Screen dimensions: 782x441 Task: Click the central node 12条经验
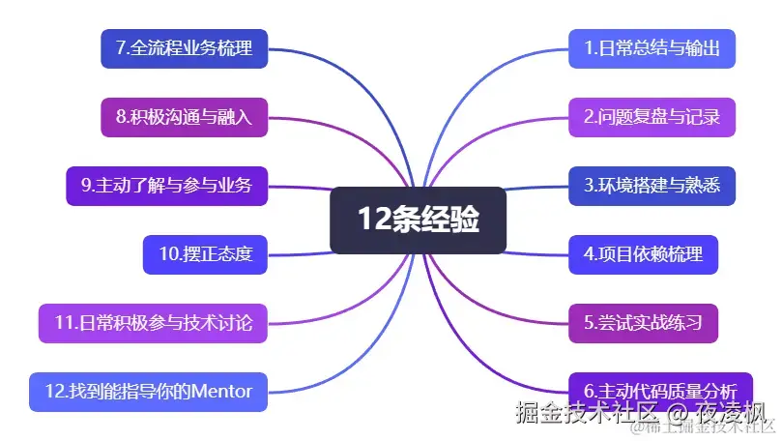pyautogui.click(x=418, y=220)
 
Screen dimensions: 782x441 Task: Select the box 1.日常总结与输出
pyautogui.click(x=652, y=48)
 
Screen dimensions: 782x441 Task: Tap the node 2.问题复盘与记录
pyautogui.click(x=652, y=117)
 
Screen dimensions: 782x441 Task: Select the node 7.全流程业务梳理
pyautogui.click(x=184, y=48)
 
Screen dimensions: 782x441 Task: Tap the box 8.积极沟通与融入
pyautogui.click(x=184, y=117)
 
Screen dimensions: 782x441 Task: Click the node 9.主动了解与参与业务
pyautogui.click(x=166, y=186)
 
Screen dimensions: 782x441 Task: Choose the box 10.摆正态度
pyautogui.click(x=205, y=254)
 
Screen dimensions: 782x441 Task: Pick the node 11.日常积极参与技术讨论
pyautogui.click(x=153, y=323)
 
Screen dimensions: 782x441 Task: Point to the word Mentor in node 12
pyautogui.click(x=221, y=392)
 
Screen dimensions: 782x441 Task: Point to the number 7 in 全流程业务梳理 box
pyautogui.click(x=120, y=48)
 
